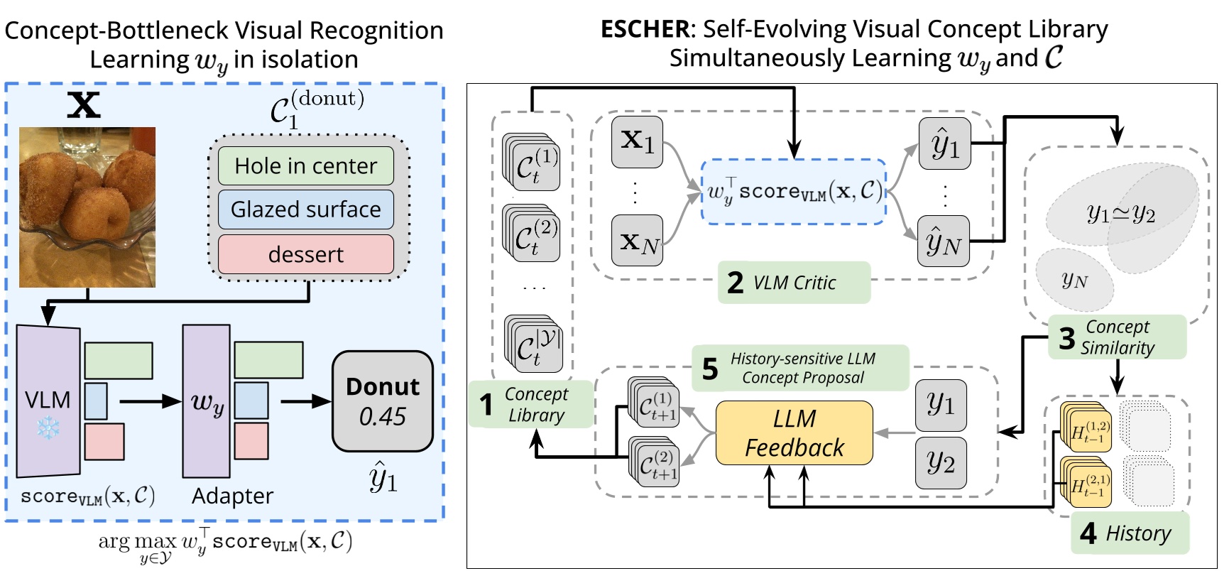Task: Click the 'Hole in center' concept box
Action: [305, 165]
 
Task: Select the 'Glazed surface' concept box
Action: [305, 210]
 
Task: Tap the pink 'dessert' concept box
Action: [305, 254]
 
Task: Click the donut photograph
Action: [87, 207]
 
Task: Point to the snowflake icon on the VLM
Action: [48, 428]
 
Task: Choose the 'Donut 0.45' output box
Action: [382, 401]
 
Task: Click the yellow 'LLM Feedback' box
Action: [794, 433]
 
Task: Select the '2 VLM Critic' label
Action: [794, 283]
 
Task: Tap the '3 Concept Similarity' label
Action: [1117, 337]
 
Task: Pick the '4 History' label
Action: [1129, 533]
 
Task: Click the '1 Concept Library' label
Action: [530, 405]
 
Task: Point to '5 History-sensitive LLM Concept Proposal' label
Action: [800, 368]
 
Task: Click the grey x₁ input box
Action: [637, 142]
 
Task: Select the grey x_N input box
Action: [637, 241]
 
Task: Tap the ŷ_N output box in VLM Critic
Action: [944, 241]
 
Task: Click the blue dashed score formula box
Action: [794, 192]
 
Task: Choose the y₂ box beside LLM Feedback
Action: [941, 463]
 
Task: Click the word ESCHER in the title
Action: [644, 29]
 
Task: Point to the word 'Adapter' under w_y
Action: [232, 496]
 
